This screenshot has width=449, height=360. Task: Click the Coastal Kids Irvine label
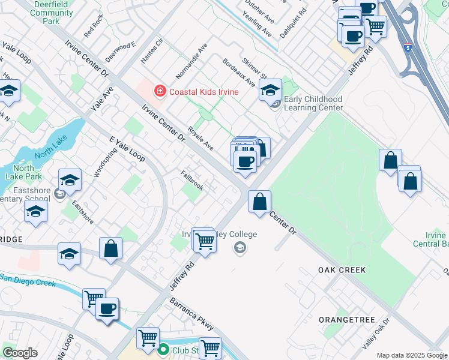203,92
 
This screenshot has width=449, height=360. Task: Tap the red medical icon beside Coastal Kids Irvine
160,92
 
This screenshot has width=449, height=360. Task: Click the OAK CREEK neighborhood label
342,270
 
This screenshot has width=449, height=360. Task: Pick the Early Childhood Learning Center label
313,104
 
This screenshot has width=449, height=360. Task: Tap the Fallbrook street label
192,180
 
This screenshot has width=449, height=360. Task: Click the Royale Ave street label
200,138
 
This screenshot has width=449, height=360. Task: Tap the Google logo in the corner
20,353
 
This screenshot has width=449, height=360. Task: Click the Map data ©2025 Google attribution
412,355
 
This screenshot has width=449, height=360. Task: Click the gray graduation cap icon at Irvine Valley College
240,248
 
